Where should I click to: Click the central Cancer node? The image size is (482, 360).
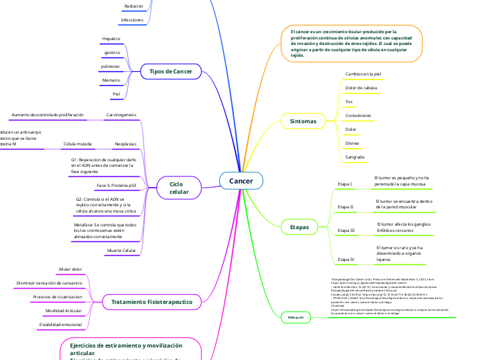click(241, 181)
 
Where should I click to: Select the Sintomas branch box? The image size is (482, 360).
click(303, 121)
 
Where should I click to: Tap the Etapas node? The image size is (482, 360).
click(299, 226)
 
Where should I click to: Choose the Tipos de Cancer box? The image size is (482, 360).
click(170, 71)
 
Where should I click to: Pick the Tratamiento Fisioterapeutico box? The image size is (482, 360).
click(152, 302)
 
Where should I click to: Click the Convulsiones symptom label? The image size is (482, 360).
click(358, 115)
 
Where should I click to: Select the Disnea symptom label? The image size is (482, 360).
click(352, 143)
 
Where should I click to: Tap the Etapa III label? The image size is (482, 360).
click(346, 229)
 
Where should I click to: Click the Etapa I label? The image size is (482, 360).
click(345, 184)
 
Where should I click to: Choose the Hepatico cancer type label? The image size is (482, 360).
click(111, 39)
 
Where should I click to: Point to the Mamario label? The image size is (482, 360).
click(111, 80)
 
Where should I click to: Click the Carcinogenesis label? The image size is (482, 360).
click(121, 114)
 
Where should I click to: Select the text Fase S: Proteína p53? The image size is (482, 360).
click(116, 186)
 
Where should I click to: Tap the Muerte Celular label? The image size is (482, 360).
click(121, 249)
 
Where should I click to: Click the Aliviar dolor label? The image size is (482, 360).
click(71, 269)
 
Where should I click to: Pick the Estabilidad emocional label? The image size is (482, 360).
click(60, 324)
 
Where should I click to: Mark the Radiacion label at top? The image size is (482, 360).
click(134, 6)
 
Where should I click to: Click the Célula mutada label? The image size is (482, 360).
click(77, 145)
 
